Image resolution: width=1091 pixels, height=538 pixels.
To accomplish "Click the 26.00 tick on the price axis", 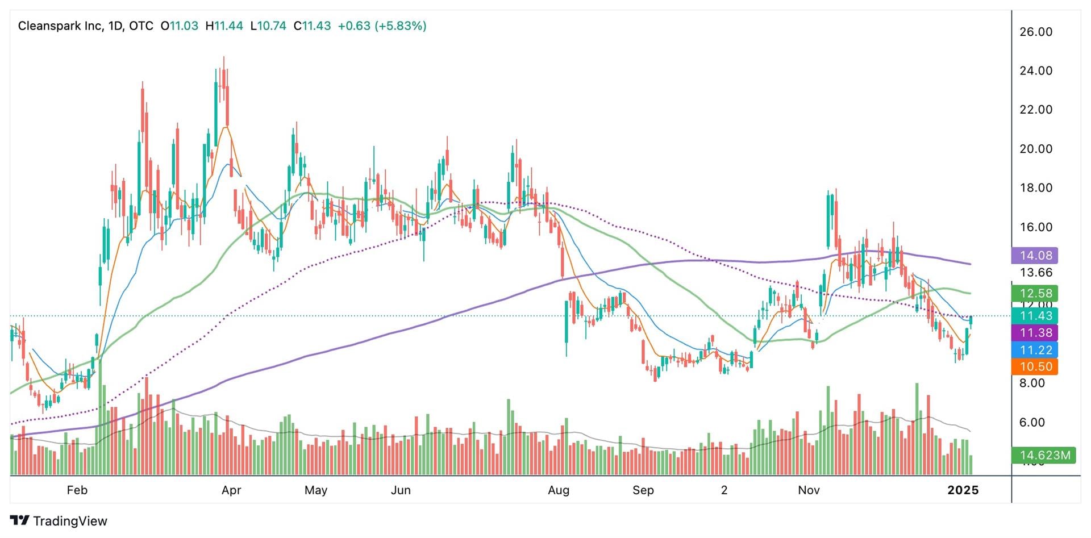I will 1036,32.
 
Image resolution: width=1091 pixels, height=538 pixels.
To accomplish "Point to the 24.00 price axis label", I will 1036,71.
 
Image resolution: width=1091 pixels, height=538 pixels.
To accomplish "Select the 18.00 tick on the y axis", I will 1036,188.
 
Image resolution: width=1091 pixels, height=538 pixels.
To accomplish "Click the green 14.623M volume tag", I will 1044,456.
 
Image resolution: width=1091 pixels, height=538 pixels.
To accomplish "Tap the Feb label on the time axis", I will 77,490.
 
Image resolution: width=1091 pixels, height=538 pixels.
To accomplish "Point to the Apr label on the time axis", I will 231,490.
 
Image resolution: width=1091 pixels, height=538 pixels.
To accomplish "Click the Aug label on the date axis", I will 559,490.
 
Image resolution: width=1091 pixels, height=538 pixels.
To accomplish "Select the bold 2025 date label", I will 963,490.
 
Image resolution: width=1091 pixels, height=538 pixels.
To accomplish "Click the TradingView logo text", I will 69,521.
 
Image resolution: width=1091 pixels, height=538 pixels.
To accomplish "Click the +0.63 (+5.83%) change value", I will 382,26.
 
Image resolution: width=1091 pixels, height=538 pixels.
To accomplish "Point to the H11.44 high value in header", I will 224,26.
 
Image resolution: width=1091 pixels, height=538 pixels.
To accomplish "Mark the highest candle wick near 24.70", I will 224,59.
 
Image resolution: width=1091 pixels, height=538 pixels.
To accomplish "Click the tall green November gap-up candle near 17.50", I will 829,219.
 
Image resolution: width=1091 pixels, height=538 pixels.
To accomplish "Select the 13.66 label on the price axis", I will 1036,273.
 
